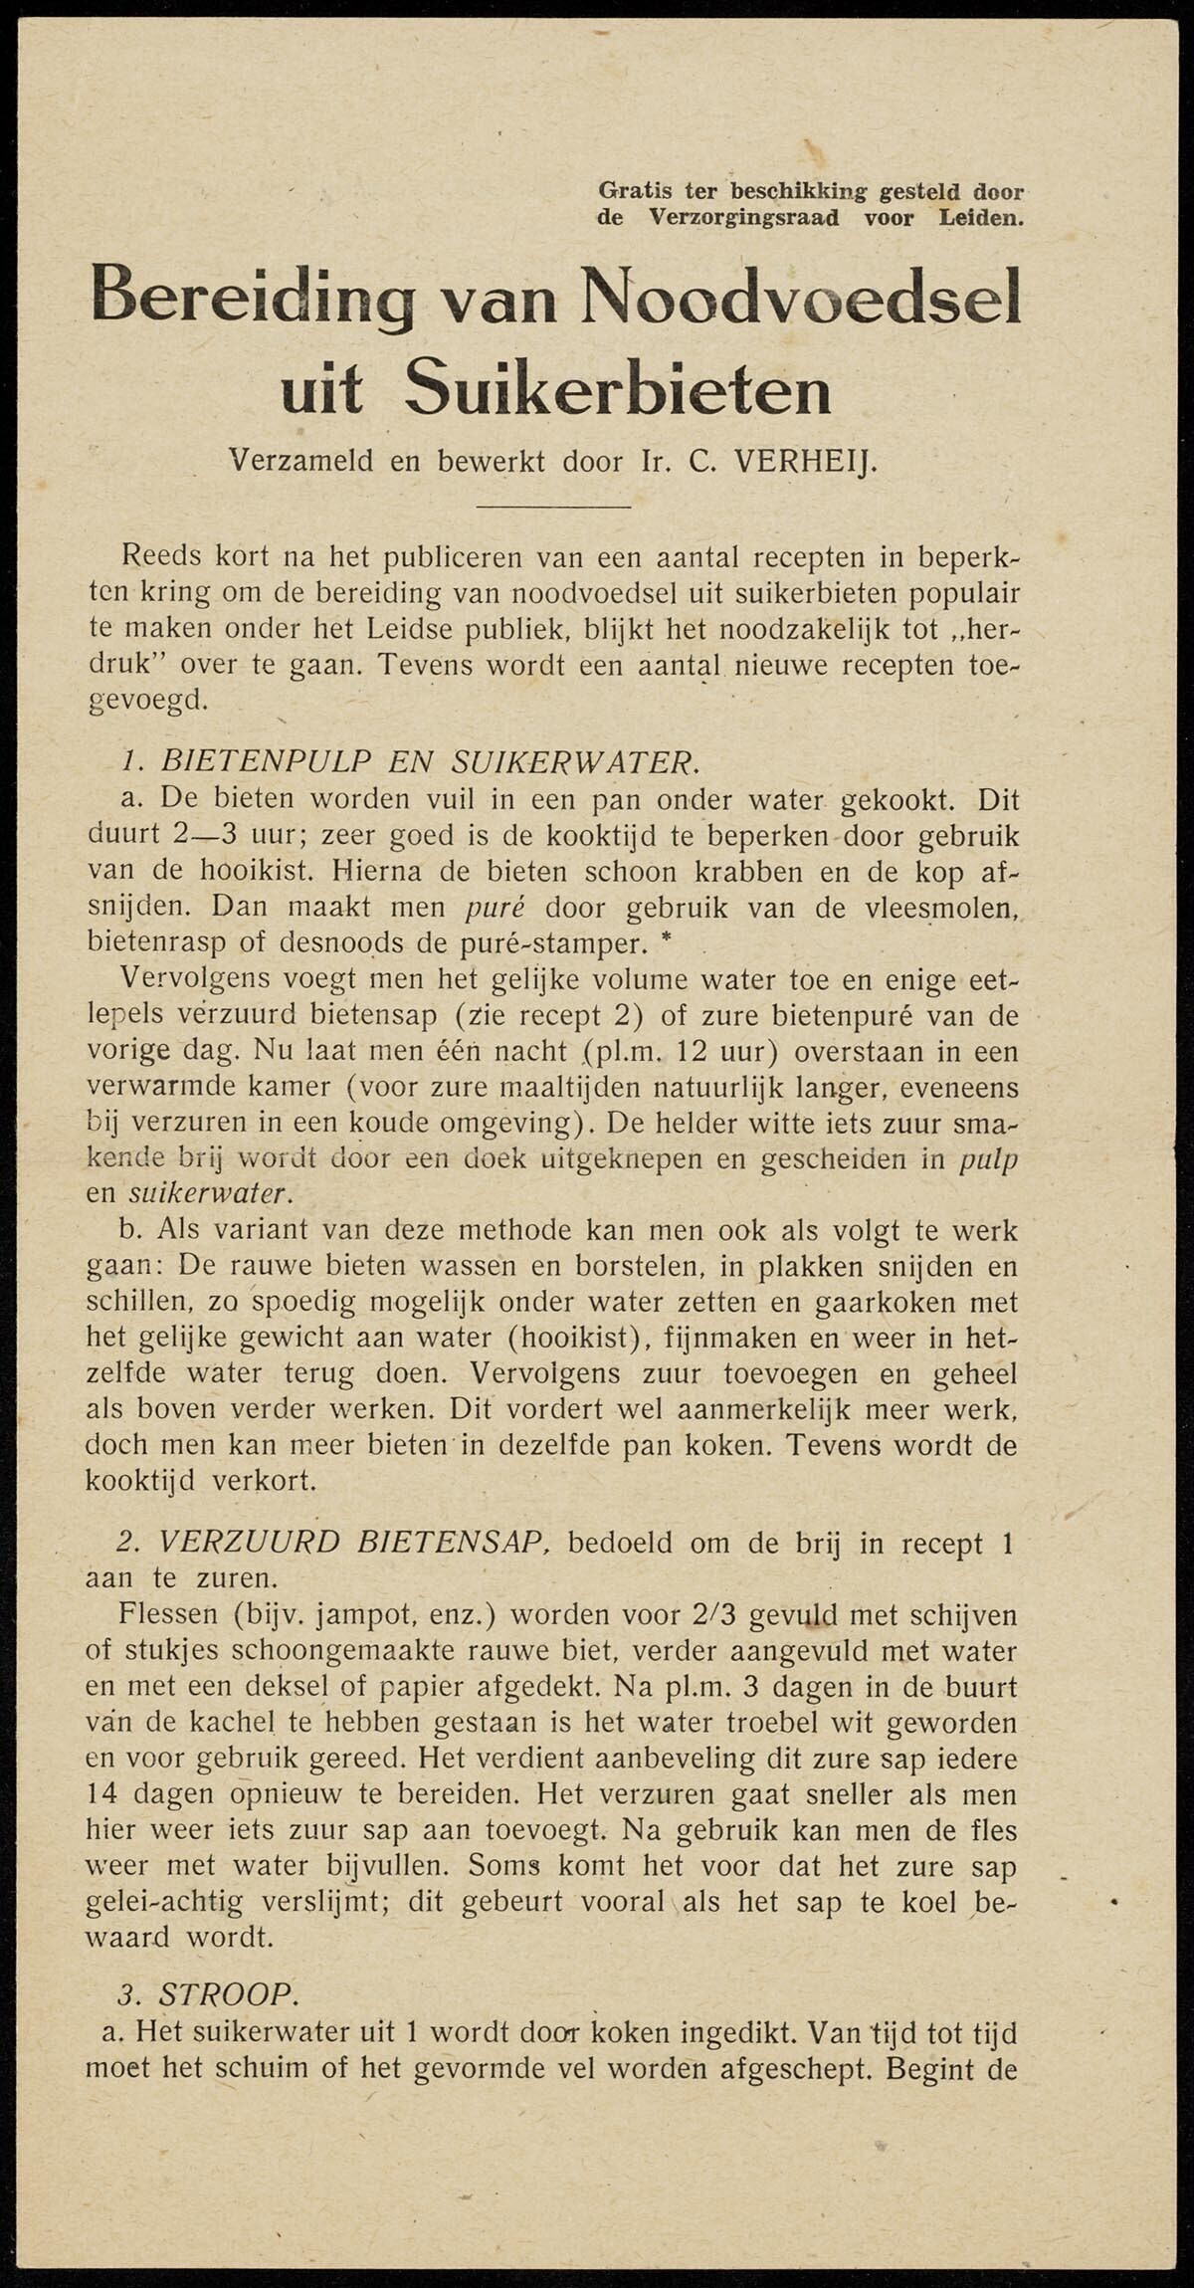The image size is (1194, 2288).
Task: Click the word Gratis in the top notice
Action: click(634, 190)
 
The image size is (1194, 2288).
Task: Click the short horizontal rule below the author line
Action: click(553, 508)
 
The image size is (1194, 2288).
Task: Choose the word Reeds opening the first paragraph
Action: click(160, 555)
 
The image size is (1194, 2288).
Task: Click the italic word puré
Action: click(496, 907)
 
